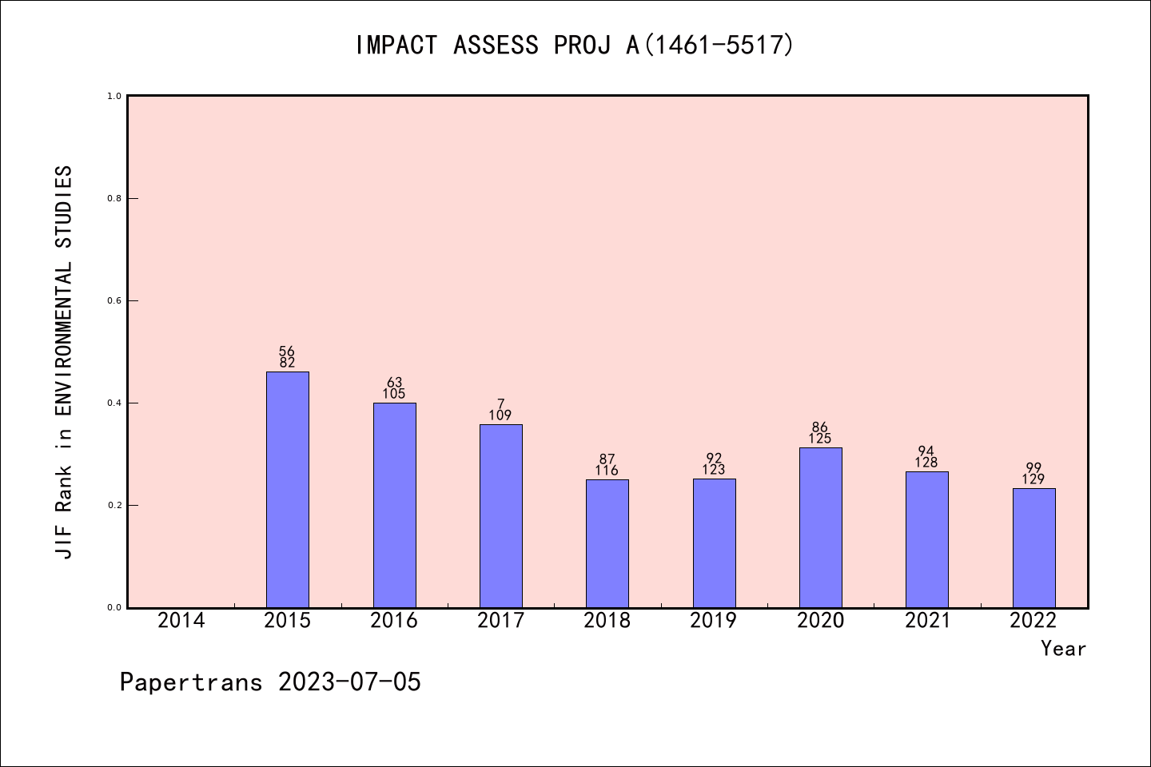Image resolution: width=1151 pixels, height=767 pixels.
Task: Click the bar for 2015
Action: (x=287, y=489)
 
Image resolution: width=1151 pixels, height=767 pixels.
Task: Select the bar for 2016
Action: (x=394, y=505)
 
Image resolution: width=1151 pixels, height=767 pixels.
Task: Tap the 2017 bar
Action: (x=500, y=515)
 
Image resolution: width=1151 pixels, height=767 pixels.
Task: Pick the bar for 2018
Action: (x=607, y=543)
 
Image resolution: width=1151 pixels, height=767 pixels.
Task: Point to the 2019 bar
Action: (x=714, y=543)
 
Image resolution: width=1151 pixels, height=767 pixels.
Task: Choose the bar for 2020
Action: (x=820, y=527)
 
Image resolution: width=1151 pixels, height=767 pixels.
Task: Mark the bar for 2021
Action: (x=926, y=539)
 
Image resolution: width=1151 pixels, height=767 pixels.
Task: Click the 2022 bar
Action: (x=1034, y=547)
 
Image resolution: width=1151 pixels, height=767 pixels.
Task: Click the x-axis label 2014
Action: (x=181, y=621)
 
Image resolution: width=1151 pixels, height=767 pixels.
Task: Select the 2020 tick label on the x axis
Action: (x=820, y=621)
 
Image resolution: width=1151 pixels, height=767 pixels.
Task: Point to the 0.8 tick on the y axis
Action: (x=114, y=198)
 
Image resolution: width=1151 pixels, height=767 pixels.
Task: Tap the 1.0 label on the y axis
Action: (x=114, y=96)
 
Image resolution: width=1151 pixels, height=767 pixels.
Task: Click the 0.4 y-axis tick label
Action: (x=114, y=403)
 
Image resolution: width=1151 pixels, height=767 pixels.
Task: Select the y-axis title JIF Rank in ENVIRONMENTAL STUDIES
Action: (x=64, y=362)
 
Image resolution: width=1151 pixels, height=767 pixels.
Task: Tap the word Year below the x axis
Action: (x=1063, y=649)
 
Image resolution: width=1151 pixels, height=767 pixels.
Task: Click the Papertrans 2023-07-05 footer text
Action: (x=270, y=682)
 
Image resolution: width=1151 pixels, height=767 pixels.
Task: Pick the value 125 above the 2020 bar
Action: (x=820, y=439)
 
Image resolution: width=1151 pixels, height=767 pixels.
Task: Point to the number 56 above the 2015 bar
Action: (x=287, y=352)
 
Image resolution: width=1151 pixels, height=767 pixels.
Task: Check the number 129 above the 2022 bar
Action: (x=1034, y=479)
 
